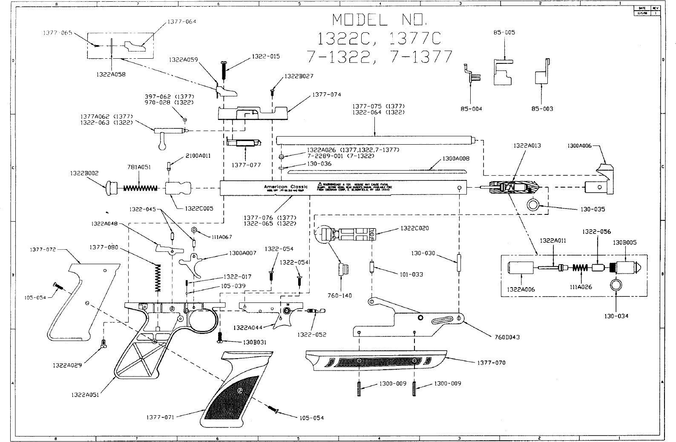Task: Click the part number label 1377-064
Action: (182, 22)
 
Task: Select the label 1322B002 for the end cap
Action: (84, 173)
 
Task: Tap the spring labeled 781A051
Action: (141, 188)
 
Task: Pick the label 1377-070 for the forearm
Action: (491, 363)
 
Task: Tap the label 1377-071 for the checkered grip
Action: (160, 417)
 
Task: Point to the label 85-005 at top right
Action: (504, 33)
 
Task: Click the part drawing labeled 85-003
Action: (541, 77)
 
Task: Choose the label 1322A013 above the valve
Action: (527, 146)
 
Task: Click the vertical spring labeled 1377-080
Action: (158, 277)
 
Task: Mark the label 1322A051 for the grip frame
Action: (85, 395)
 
